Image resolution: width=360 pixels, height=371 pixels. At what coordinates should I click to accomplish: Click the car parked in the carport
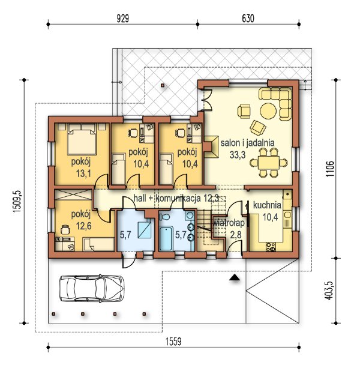pos(91,288)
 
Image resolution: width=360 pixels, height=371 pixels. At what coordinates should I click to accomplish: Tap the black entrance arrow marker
pos(235,277)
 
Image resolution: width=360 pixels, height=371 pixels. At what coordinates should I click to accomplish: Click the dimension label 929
pos(123,19)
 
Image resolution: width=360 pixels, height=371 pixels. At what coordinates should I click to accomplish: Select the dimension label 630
pos(248,19)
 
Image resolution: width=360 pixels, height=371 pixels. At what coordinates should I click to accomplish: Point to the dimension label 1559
pos(173,342)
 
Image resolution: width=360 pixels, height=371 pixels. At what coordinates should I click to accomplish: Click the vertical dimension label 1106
pos(330,169)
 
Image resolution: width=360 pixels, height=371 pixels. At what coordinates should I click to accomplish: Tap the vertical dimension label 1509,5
pos(17,201)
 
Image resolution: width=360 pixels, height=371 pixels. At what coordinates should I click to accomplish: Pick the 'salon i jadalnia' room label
pos(247,143)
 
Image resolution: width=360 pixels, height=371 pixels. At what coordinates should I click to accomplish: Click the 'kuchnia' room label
pos(267,205)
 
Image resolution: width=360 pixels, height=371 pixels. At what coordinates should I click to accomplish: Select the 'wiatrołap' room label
pos(229,223)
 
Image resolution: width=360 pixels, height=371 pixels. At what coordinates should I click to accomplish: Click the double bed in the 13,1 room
pos(82,139)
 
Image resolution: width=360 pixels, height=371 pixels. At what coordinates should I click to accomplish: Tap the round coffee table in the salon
pos(268,110)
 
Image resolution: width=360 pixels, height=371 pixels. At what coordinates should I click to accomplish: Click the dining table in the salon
pos(269,162)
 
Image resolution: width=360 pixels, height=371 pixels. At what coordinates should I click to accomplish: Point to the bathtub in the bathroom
pos(166,238)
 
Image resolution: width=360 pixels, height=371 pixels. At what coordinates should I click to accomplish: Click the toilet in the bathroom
pos(164,217)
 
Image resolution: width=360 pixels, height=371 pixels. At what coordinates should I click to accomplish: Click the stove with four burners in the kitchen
pos(271,247)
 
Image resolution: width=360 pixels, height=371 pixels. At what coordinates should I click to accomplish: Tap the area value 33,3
pos(238,155)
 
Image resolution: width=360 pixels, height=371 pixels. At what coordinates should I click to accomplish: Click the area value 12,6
pos(84,226)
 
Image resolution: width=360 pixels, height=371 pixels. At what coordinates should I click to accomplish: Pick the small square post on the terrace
pos(163,85)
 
